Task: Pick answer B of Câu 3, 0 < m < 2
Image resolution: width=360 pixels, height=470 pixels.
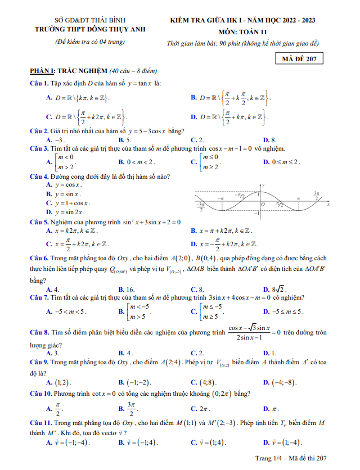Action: [x=142, y=162]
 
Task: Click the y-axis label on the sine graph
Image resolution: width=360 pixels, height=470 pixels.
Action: [x=264, y=185]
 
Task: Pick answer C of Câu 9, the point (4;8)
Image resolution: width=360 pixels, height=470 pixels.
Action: [x=208, y=382]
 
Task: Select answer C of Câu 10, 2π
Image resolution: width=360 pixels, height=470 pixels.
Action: [x=203, y=409]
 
